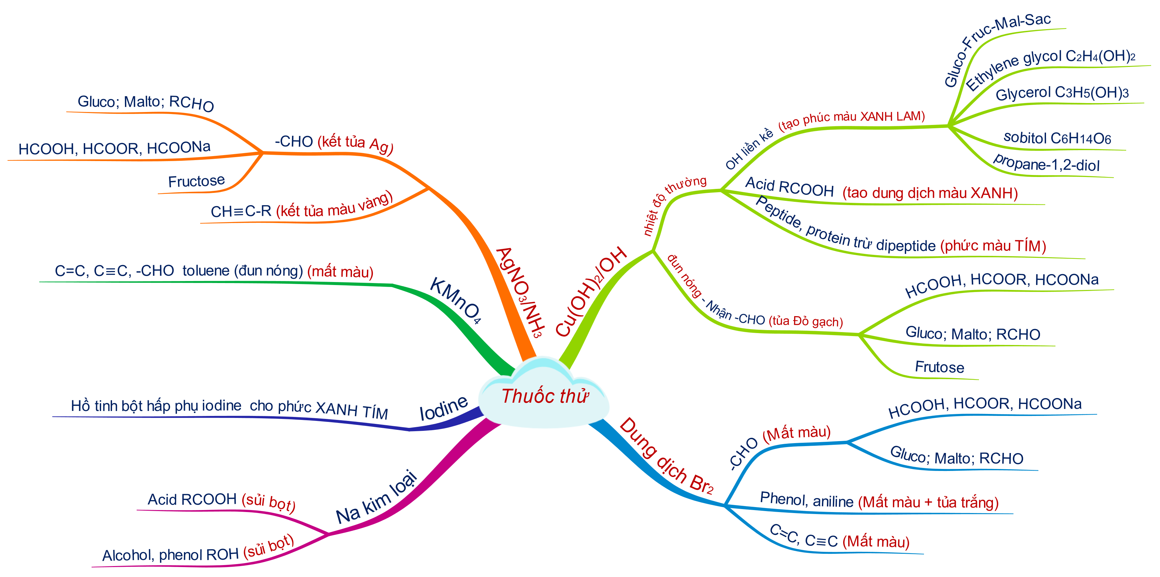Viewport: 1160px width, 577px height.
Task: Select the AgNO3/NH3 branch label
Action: coord(520,292)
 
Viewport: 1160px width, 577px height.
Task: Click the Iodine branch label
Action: coord(443,408)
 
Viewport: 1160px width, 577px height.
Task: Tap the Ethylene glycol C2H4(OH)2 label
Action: coord(1049,68)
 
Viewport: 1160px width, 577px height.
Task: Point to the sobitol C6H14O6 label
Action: coord(1057,138)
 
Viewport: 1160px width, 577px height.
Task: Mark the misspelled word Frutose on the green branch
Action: coord(939,367)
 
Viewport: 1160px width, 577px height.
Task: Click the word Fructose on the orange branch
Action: coord(196,181)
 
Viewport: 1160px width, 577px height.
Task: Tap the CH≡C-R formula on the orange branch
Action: coord(241,211)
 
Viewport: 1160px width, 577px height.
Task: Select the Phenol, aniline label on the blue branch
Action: coord(806,500)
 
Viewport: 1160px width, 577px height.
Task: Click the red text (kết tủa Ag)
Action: coord(355,143)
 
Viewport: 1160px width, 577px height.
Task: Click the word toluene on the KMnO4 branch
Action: coord(206,271)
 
